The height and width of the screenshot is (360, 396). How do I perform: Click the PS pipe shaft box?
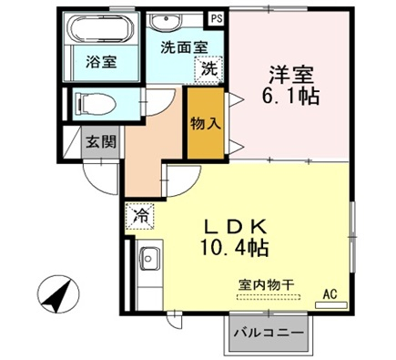pyautogui.click(x=217, y=19)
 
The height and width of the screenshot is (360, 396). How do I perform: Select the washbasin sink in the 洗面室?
pyautogui.click(x=166, y=21)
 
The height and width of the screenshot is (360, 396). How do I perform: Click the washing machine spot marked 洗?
pyautogui.click(x=209, y=69)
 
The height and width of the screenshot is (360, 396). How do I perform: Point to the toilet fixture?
pyautogui.click(x=96, y=103)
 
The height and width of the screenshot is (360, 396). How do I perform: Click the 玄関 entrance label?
pyautogui.click(x=101, y=141)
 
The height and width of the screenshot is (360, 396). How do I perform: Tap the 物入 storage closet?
pyautogui.click(x=206, y=123)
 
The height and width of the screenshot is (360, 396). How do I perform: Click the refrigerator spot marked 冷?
pyautogui.click(x=140, y=216)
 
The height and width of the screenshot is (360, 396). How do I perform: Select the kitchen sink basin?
pyautogui.click(x=148, y=258)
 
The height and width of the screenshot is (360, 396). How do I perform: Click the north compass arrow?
pyautogui.click(x=58, y=294)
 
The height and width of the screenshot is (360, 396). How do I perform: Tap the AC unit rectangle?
pyautogui.click(x=331, y=305)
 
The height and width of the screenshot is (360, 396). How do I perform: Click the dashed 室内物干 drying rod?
pyautogui.click(x=269, y=297)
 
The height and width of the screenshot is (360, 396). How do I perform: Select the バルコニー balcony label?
pyautogui.click(x=269, y=333)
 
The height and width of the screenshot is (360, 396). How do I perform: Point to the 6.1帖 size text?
pyautogui.click(x=290, y=97)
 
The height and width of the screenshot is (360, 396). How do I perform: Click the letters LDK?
pyautogui.click(x=235, y=226)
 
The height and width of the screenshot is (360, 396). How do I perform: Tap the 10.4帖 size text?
pyautogui.click(x=234, y=248)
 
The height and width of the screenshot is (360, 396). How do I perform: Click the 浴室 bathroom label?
pyautogui.click(x=101, y=62)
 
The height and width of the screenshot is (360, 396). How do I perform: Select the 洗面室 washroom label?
pyautogui.click(x=184, y=47)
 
